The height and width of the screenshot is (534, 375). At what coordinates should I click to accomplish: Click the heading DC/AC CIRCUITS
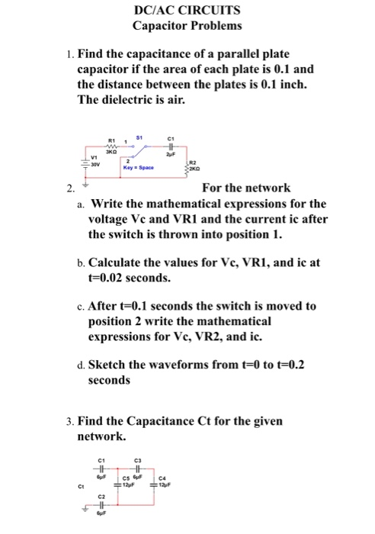(187, 11)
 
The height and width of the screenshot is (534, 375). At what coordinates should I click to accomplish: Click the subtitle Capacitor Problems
(187, 26)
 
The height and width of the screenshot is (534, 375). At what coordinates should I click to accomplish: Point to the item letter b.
(81, 262)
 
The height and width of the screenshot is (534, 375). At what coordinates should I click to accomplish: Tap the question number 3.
(69, 421)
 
